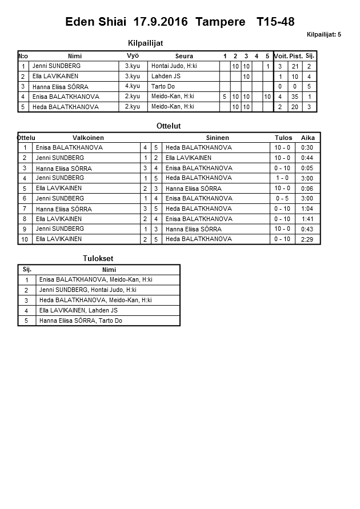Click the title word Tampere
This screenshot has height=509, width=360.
pos(220,22)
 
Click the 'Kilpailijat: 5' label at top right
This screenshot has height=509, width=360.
pos(323,35)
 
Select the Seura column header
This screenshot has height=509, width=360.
pos(184,56)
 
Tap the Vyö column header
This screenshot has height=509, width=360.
pos(133,55)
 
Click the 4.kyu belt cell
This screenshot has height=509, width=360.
pos(132,86)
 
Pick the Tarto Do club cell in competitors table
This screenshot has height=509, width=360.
pos(163,86)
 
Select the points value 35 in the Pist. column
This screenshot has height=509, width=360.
pos(295,97)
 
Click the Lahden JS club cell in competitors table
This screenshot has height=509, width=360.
pos(166,76)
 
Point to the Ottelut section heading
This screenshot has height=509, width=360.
pos(168,126)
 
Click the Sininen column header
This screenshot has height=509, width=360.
pos(217,138)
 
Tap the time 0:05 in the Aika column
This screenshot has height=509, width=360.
pos(307,168)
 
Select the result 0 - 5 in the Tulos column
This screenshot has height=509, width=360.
pos(282,198)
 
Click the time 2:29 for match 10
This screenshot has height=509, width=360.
pos(307,239)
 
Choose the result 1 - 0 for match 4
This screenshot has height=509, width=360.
pos(282,178)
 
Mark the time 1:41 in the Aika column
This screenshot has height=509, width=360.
pos(307,219)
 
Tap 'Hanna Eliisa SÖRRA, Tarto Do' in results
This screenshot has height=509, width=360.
pos(80,320)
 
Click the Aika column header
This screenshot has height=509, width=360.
pos(308,138)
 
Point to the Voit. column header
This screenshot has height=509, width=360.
pos(280,56)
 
